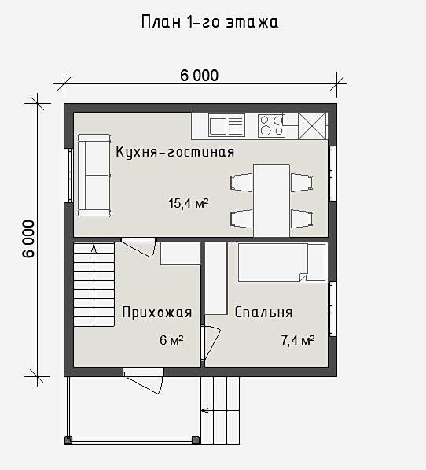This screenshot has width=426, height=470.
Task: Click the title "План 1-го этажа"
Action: (210, 22)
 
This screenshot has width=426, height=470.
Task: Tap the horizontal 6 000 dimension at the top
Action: (199, 76)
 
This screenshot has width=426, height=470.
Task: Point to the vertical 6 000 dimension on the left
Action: (29, 239)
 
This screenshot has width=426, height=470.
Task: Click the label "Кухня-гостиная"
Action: (175, 152)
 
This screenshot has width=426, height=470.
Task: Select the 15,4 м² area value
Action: (189, 204)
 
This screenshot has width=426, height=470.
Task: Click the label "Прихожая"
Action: (157, 313)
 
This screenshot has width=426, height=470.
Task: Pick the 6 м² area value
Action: (171, 340)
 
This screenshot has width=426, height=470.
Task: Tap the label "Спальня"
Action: (263, 313)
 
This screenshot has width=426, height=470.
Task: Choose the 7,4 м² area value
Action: (298, 340)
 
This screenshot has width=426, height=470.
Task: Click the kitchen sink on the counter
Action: (226, 125)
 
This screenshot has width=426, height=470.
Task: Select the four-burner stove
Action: (271, 125)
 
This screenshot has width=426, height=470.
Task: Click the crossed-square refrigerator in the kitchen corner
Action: (312, 126)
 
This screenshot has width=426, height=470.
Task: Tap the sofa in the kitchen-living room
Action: (94, 176)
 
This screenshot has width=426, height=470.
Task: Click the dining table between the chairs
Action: (271, 200)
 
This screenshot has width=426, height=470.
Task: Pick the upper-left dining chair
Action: (241, 183)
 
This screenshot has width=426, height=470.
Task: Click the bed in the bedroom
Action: (281, 263)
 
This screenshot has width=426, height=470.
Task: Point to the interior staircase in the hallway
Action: (94, 284)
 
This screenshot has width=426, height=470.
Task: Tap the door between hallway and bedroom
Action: (211, 342)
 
